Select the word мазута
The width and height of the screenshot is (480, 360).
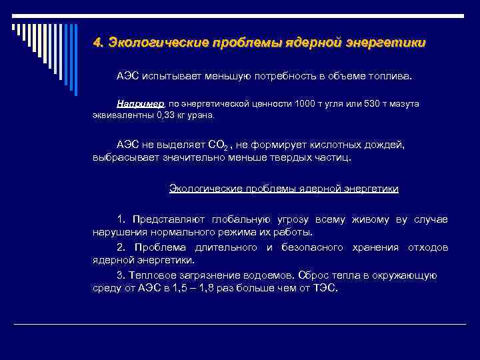coord(404,104)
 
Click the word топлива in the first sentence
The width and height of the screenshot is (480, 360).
coord(393,76)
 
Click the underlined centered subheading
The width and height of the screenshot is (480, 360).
coord(284,189)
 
